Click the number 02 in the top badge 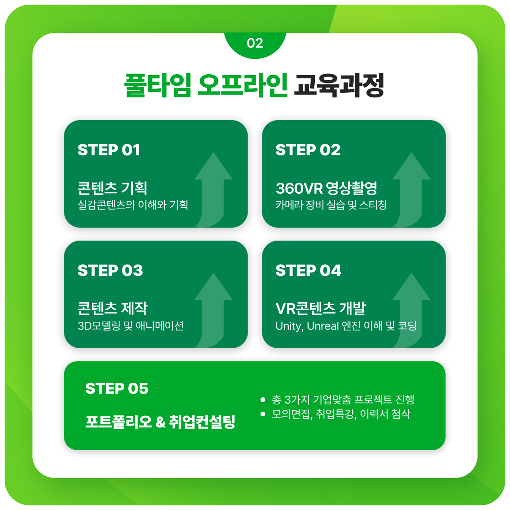(255, 43)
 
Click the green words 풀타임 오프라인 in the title (206, 85)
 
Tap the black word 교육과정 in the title (339, 85)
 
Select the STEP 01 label (109, 150)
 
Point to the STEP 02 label (308, 150)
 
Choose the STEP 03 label (110, 270)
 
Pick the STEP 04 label (308, 270)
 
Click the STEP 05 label (117, 388)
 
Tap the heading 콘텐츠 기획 (112, 188)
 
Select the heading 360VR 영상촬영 (326, 188)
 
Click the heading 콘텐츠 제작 (112, 308)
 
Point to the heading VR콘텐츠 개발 (320, 308)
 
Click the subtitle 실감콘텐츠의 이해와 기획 (133, 205)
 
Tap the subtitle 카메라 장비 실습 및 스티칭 (331, 205)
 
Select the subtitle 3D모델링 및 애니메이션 (131, 325)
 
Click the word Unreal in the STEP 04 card (323, 326)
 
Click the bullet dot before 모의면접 (263, 414)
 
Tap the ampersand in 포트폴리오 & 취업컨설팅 (160, 422)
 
